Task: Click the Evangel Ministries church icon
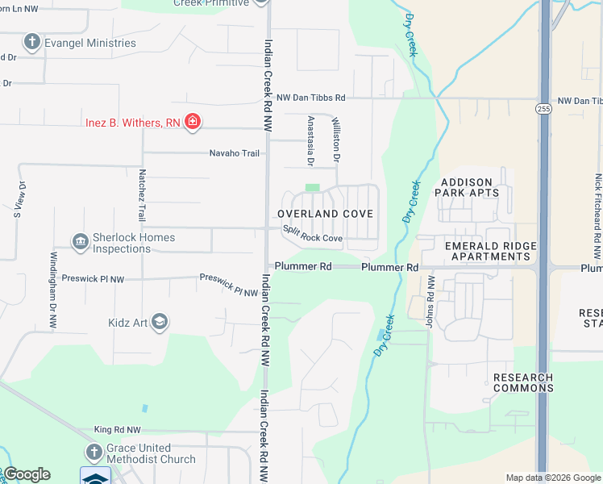pyautogui.click(x=31, y=41)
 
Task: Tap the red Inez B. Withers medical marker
pyautogui.click(x=193, y=122)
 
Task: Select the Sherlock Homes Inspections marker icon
pyautogui.click(x=80, y=242)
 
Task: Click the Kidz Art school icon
pyautogui.click(x=160, y=323)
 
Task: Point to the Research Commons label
pyautogui.click(x=522, y=382)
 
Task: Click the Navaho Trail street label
pyautogui.click(x=235, y=153)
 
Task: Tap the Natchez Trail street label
pyautogui.click(x=142, y=201)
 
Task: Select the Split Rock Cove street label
pyautogui.click(x=313, y=234)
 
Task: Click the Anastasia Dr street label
pyautogui.click(x=310, y=140)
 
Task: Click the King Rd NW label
pyautogui.click(x=117, y=431)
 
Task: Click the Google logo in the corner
pyautogui.click(x=27, y=474)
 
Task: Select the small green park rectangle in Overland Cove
pyautogui.click(x=312, y=188)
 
